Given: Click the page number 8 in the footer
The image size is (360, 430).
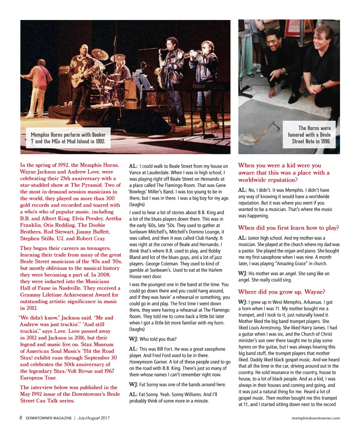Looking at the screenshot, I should point(21,418).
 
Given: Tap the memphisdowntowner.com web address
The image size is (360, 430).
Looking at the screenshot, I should point(316,418).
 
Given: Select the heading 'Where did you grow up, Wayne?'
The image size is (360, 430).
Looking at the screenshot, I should point(281,292).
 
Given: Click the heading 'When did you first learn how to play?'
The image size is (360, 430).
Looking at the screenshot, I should point(288,228).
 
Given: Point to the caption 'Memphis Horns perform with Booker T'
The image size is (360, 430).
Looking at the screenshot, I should point(68,138).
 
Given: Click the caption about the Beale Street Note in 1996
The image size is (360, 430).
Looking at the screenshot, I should point(309,135).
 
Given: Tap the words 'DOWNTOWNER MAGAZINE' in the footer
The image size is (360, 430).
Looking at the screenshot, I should point(49,418).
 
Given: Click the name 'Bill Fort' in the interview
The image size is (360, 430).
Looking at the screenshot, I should point(161,349).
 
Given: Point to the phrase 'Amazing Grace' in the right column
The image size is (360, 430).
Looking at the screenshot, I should point(291,264).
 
